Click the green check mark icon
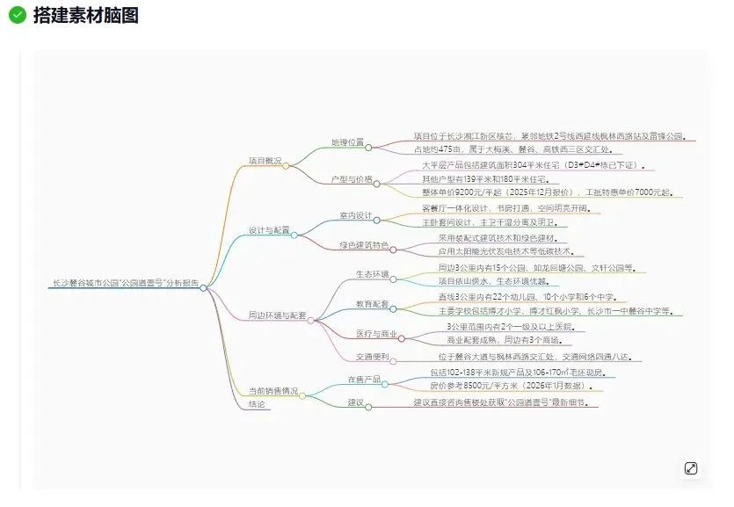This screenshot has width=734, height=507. pos(17,15)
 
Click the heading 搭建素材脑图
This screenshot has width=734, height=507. pos(85,15)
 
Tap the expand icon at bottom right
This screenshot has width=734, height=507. pos(691,468)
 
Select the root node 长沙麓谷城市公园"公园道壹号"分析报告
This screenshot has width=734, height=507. pos(125,284)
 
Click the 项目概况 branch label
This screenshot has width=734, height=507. pos(265,161)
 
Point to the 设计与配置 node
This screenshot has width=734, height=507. pos(268,230)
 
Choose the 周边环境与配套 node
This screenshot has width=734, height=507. pos(277,315)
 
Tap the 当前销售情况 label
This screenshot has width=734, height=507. pos(273,391)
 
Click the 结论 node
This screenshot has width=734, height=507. pos(258,404)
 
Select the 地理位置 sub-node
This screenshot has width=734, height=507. pos(347,142)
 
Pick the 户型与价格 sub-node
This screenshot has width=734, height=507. pos(352,179)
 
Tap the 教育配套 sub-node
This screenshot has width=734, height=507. pos(372,304)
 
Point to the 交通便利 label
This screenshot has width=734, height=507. pos(372,357)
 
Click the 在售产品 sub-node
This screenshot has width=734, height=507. pos(364,380)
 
